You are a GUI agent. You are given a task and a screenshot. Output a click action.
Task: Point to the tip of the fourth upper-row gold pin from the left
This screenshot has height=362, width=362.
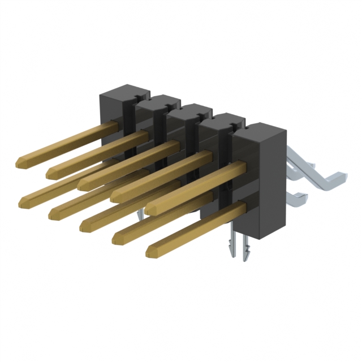[115, 196]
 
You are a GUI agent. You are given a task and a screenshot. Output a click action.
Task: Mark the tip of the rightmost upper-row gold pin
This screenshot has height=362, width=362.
[150, 209]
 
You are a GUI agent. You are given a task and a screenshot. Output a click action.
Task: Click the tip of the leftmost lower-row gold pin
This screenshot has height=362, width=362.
[23, 201]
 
